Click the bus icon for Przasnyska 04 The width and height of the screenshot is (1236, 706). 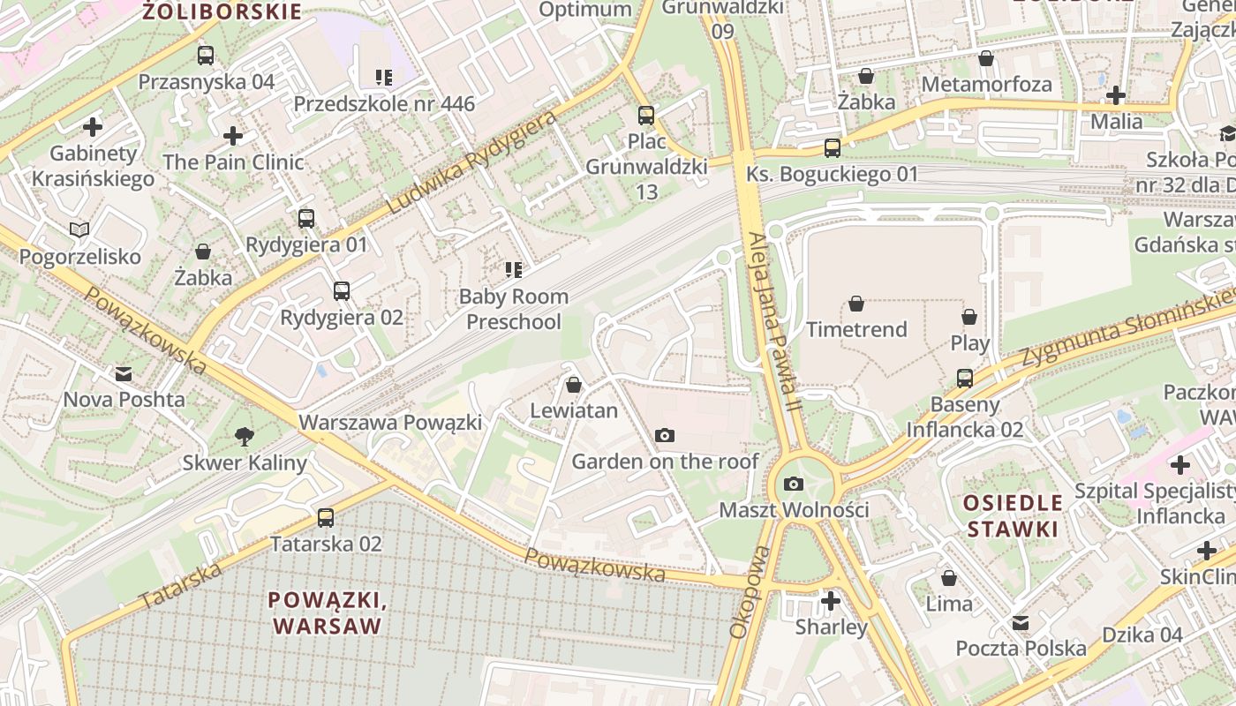206,56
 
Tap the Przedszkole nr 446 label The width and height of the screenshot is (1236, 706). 384,104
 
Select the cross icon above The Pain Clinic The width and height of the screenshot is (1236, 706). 233,136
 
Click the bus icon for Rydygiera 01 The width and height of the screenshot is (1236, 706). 306,218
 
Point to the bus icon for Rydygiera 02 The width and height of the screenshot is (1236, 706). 342,290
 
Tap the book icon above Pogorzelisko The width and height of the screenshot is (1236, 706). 79,230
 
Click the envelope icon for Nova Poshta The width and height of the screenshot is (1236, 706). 124,373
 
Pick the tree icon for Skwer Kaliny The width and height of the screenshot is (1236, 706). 245,436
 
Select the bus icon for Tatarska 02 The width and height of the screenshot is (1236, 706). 326,518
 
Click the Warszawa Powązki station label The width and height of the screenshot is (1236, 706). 390,423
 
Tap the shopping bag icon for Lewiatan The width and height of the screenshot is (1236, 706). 574,385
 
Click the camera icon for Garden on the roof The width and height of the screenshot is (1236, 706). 665,435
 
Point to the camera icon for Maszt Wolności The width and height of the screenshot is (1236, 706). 794,484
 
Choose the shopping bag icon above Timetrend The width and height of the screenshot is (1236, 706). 856,304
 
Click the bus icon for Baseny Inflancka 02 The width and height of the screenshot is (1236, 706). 965,379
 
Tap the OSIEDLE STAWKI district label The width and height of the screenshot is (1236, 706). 1012,516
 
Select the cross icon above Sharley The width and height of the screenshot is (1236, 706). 831,601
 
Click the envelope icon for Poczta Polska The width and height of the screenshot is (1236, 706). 1021,623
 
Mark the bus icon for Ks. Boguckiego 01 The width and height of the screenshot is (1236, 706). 833,147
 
